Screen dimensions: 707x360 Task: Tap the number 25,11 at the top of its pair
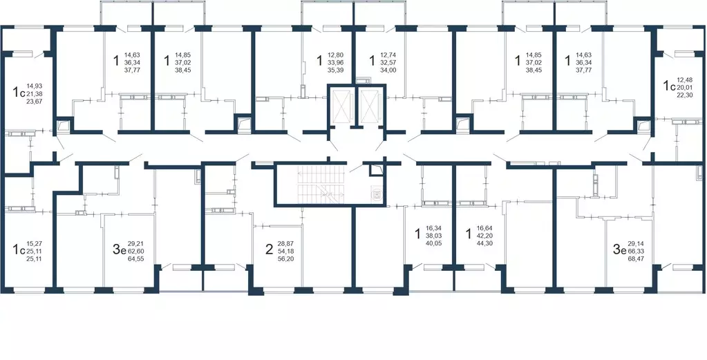(33, 251)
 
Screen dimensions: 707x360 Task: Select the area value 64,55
(136, 258)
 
